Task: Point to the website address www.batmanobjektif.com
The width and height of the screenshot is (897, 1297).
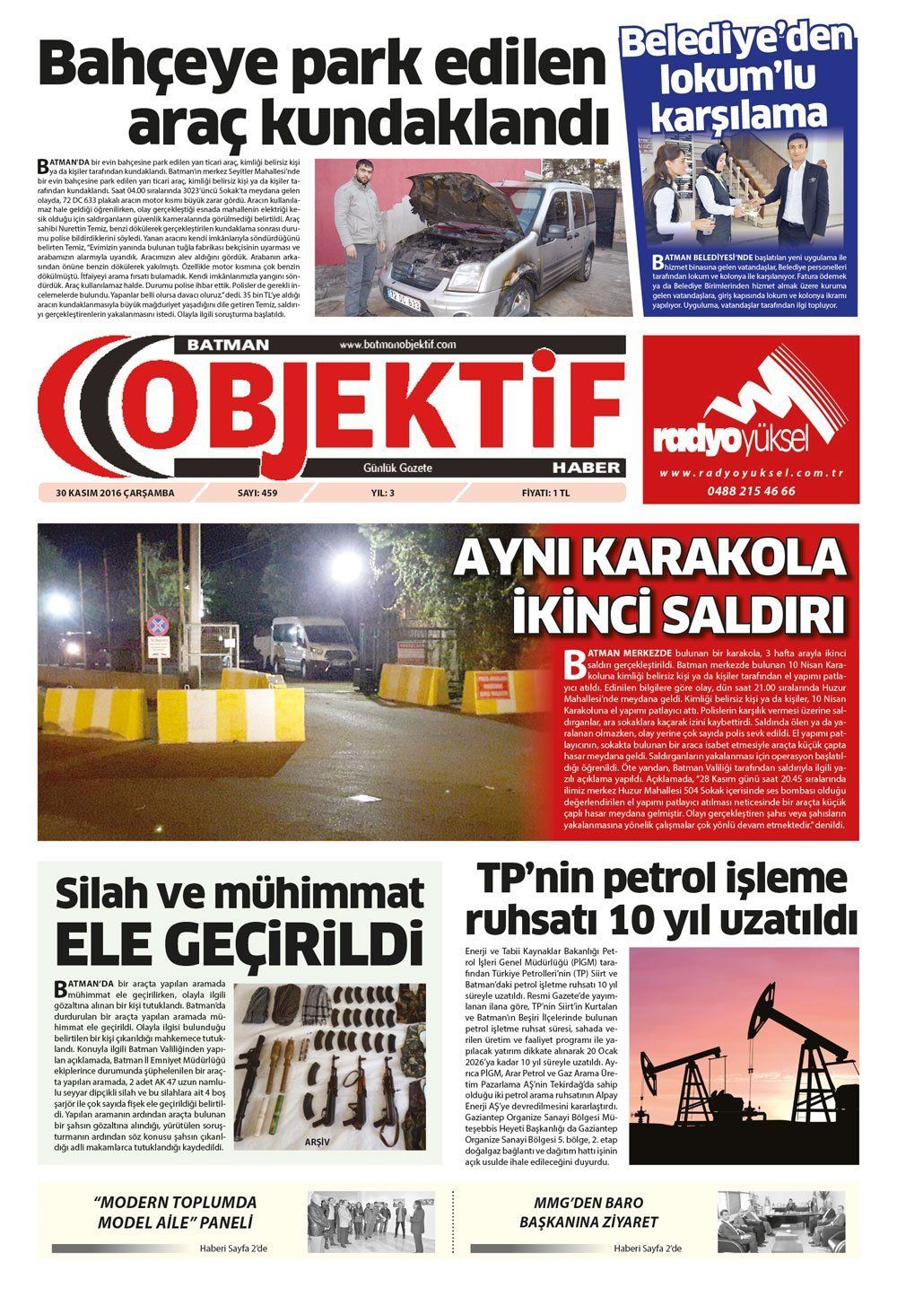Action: [398, 345]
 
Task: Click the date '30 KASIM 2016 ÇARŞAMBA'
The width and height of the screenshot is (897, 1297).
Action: [115, 492]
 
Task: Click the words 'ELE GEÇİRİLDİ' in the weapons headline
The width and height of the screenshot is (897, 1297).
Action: [239, 943]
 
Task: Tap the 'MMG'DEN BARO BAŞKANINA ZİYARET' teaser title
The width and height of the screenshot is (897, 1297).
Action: [595, 1212]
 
